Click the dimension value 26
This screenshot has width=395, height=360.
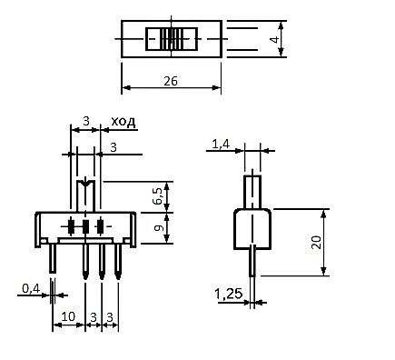171,81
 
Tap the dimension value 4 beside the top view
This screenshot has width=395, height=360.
274,39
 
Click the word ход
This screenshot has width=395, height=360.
123,122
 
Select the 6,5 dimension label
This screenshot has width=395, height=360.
158,195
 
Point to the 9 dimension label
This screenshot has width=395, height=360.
159,228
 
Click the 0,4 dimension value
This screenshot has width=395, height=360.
31,289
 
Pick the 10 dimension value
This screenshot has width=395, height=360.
68,316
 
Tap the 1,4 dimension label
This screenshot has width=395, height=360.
221,145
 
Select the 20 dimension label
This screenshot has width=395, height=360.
316,242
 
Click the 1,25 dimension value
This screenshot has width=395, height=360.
229,294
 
